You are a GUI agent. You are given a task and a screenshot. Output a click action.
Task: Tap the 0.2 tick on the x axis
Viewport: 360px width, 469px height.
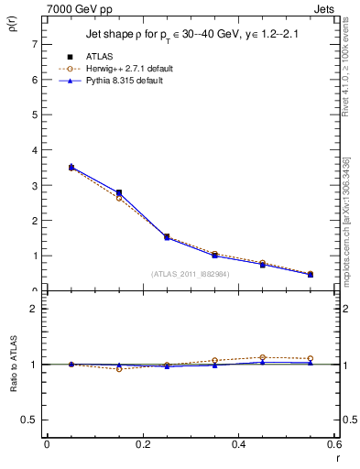pyautogui.click(x=142, y=445)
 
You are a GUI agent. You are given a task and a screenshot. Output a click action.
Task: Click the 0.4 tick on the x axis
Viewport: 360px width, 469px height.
pyautogui.click(x=238, y=445)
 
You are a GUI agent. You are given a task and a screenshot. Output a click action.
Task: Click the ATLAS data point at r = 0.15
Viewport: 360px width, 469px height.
pyautogui.click(x=118, y=192)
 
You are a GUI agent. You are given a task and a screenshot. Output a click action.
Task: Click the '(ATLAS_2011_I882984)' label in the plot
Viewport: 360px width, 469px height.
pyautogui.click(x=190, y=273)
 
